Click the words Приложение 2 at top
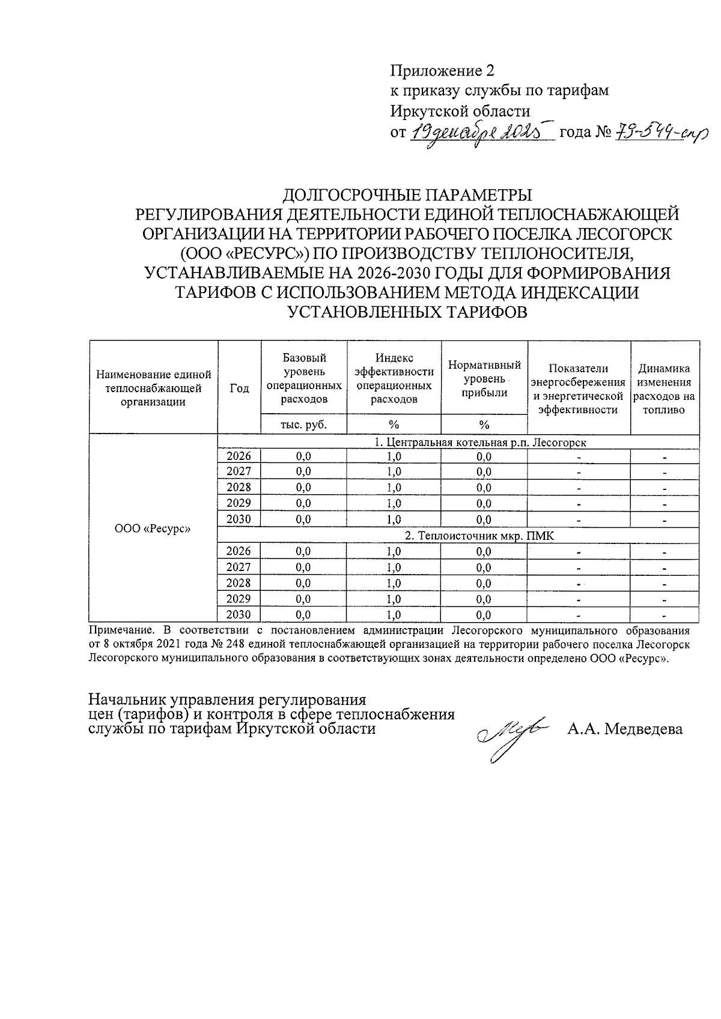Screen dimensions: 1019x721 pos(442,71)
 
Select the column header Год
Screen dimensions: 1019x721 pos(239,389)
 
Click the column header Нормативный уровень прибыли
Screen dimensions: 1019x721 pos(484,378)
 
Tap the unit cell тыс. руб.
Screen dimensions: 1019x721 pos(303,425)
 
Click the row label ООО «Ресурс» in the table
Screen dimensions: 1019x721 pos(153,529)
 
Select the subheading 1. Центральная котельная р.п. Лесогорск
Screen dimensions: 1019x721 pos(480,443)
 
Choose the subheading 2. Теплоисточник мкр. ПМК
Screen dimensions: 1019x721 pos(479,536)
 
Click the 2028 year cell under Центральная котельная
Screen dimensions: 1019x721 pos(239,487)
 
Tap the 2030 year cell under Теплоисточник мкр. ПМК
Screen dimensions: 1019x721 pos(239,614)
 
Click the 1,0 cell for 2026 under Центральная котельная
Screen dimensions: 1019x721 pos(394,456)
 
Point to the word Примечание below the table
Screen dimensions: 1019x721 pos(118,630)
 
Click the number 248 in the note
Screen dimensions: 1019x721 pos(237,644)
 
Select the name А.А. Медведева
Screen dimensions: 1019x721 pos(625,730)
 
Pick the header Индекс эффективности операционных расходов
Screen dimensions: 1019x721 pos(394,378)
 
